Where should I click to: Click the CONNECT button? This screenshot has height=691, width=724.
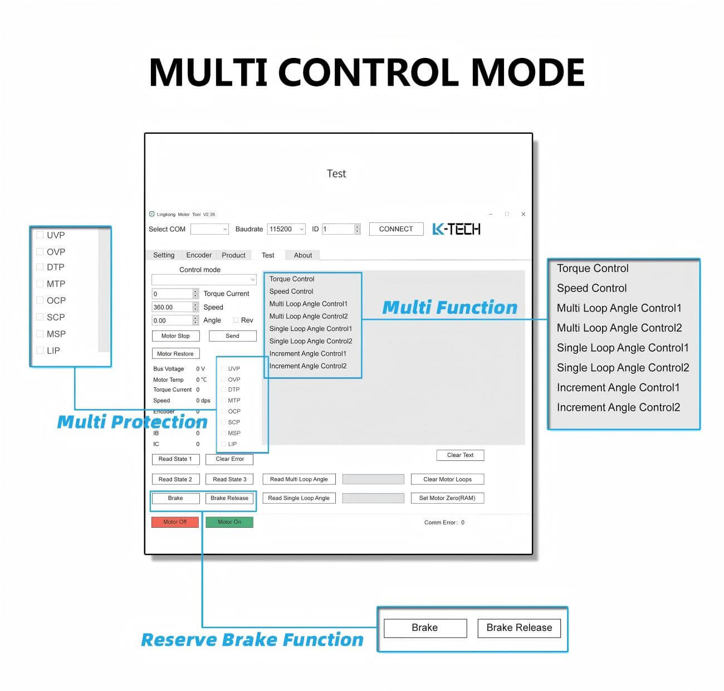coord(396,229)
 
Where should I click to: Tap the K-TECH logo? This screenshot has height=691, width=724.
coord(456,229)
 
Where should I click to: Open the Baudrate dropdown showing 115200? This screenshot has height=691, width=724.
coord(286,229)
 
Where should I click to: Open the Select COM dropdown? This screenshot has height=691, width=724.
coord(209,229)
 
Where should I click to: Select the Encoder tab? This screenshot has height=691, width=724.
coord(198,255)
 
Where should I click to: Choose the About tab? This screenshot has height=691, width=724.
coord(303,255)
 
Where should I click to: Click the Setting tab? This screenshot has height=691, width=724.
coord(164,255)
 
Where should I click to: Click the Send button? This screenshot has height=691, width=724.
coord(232,335)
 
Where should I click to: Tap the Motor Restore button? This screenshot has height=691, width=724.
coord(175,353)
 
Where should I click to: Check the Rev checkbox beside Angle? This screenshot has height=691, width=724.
coord(236,320)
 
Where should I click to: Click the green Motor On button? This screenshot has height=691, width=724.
coord(229,522)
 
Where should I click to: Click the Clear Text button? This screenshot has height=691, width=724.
coord(460,455)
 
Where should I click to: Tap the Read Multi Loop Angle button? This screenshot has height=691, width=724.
coord(299,479)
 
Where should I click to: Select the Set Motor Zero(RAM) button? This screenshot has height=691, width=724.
coord(447,498)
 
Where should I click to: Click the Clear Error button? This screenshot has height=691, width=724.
coord(229,459)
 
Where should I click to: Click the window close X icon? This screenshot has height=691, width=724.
coord(523,214)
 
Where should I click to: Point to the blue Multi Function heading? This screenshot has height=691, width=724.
coord(449,308)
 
